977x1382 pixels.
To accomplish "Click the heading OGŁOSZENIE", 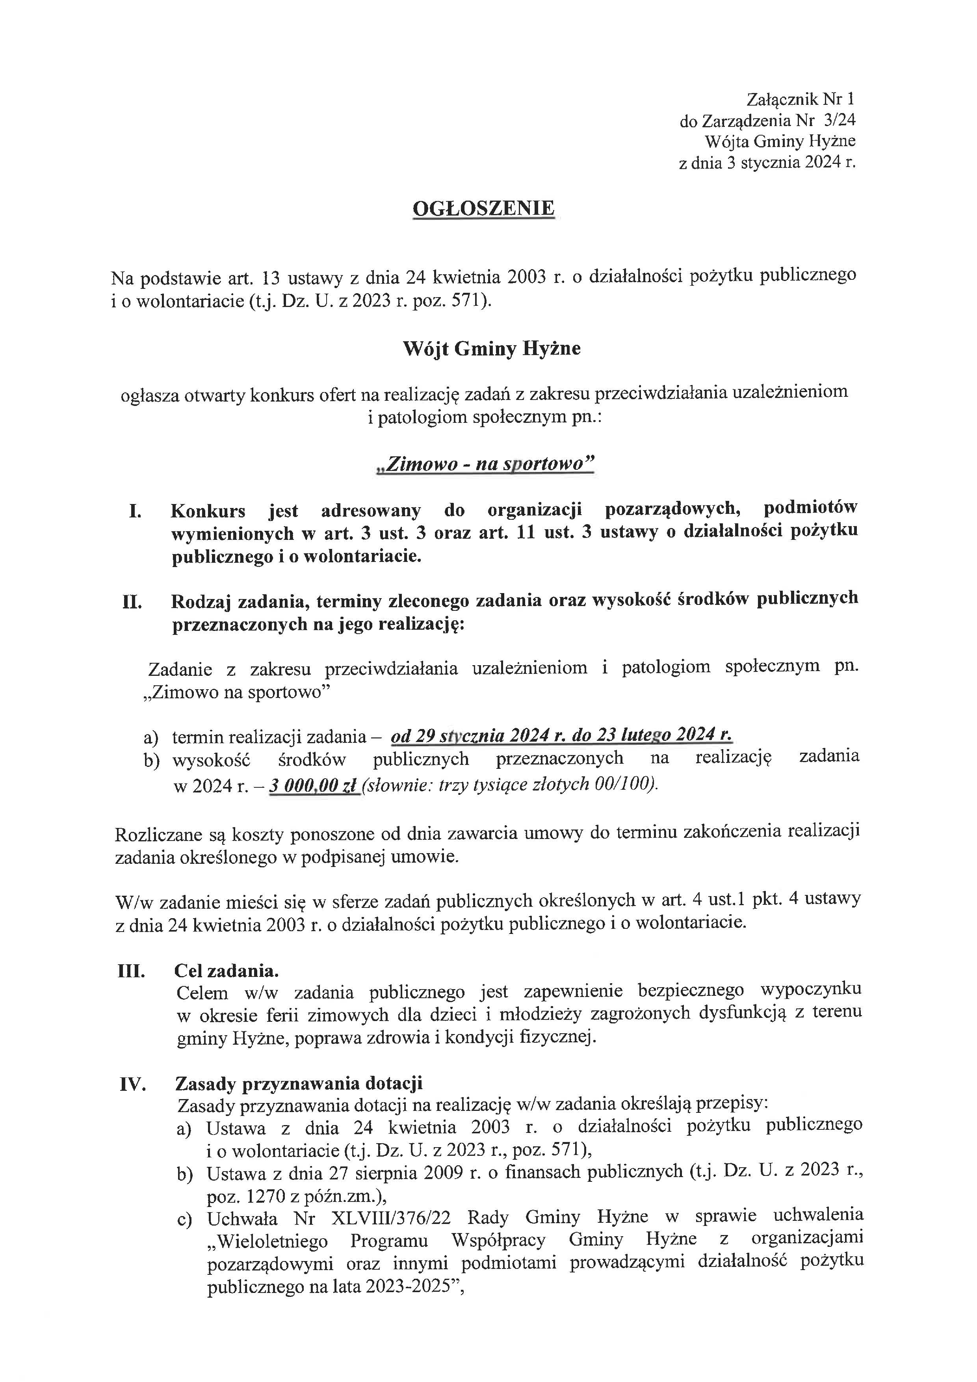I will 484,208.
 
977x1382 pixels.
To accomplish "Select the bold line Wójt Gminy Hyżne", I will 492,349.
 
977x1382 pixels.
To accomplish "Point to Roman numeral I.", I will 135,512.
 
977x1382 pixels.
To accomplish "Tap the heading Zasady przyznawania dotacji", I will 299,1083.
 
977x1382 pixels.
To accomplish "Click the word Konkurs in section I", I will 208,512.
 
